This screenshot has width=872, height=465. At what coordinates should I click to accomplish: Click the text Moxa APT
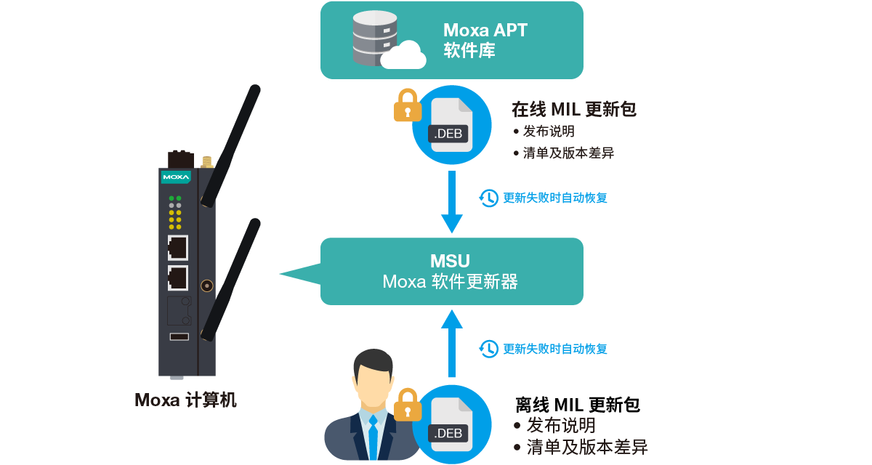[485, 31]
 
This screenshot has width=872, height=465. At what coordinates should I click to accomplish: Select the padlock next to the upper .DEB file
[408, 106]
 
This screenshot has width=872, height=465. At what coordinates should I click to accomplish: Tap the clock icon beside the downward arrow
[489, 198]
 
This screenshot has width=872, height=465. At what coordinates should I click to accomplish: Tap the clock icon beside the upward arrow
[489, 349]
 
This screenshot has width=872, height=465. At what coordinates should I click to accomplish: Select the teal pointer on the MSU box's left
[301, 273]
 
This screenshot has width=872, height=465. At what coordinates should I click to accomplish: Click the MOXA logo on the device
[176, 177]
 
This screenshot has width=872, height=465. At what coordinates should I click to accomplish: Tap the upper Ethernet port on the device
[177, 248]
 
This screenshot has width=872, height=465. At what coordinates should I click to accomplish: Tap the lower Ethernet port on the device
[177, 278]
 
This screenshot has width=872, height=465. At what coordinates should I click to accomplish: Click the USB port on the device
[179, 336]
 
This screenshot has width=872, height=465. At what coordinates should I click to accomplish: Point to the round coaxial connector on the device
[207, 286]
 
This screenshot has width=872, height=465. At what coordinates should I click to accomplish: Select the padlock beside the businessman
[408, 405]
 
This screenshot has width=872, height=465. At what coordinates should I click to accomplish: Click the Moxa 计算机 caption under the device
[186, 400]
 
